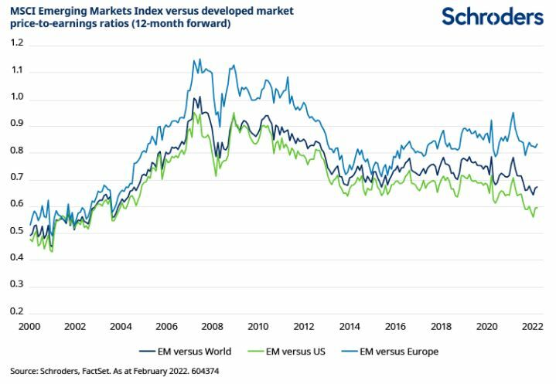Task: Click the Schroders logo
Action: [492, 16]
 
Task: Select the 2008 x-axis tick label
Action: [214, 327]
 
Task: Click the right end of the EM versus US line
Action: [537, 207]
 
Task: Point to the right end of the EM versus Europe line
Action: [537, 144]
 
